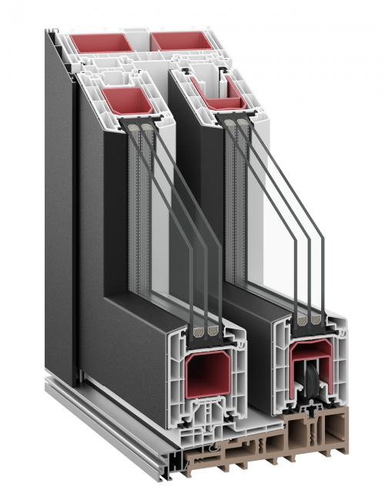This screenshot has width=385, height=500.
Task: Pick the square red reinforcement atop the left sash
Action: point(125,101)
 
